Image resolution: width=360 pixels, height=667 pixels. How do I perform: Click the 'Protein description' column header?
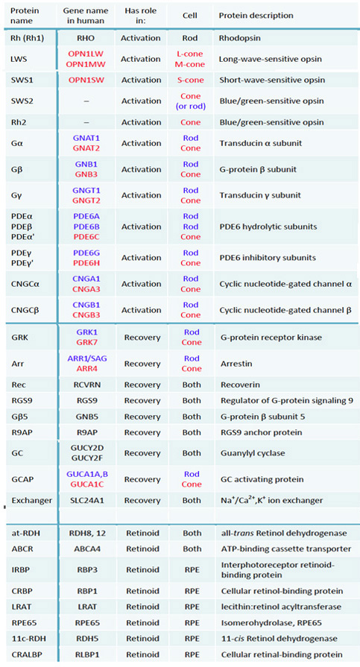(256, 16)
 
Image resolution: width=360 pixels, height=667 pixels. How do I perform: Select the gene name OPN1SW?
(86, 80)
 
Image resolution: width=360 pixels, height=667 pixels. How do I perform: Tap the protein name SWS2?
(20, 101)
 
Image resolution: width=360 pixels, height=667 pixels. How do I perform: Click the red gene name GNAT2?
(86, 148)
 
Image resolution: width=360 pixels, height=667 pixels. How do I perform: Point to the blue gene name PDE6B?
(86, 227)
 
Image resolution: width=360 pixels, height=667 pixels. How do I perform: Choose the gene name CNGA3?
(86, 289)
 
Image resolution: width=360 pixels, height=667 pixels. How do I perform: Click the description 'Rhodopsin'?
(239, 38)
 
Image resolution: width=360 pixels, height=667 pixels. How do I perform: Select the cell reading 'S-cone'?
(190, 80)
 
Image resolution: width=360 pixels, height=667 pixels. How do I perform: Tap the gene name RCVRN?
(86, 385)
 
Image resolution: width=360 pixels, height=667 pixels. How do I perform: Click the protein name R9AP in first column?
(21, 432)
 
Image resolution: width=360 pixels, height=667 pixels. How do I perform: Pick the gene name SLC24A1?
(86, 500)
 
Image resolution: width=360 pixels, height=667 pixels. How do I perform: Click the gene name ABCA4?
(86, 549)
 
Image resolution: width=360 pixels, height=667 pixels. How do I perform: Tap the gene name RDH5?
(86, 639)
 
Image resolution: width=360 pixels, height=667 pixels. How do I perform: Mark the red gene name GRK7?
(86, 342)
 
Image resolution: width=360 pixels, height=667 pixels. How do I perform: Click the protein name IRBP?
(20, 569)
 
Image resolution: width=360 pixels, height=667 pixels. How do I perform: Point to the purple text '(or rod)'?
(190, 107)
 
